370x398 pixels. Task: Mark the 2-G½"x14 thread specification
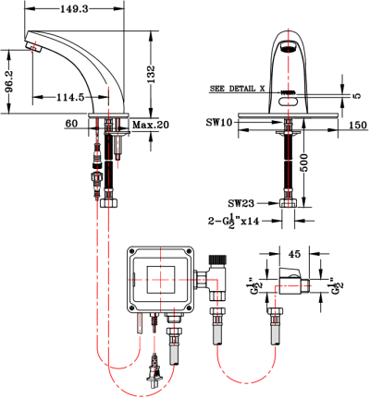(x=235, y=222)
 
